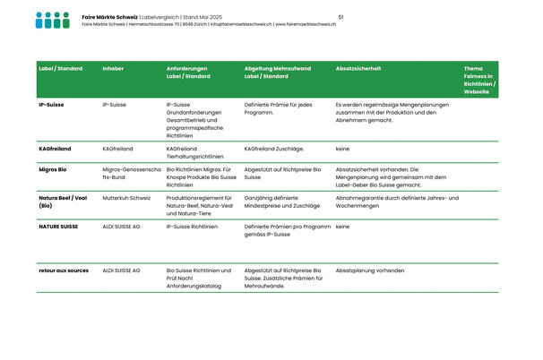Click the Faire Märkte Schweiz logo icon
point(52,20)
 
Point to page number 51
point(341,17)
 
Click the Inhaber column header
point(114,68)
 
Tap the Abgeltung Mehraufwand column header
point(279,73)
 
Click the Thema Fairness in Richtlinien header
point(480,80)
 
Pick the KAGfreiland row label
point(55,148)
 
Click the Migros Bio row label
point(54,168)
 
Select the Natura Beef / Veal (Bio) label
point(62,201)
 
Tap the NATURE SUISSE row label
point(58,227)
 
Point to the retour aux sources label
point(64,270)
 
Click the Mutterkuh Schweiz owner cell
point(126,197)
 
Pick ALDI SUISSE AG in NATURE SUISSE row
point(121,227)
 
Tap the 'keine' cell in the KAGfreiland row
point(342,148)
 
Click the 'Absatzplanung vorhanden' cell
point(370,270)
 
